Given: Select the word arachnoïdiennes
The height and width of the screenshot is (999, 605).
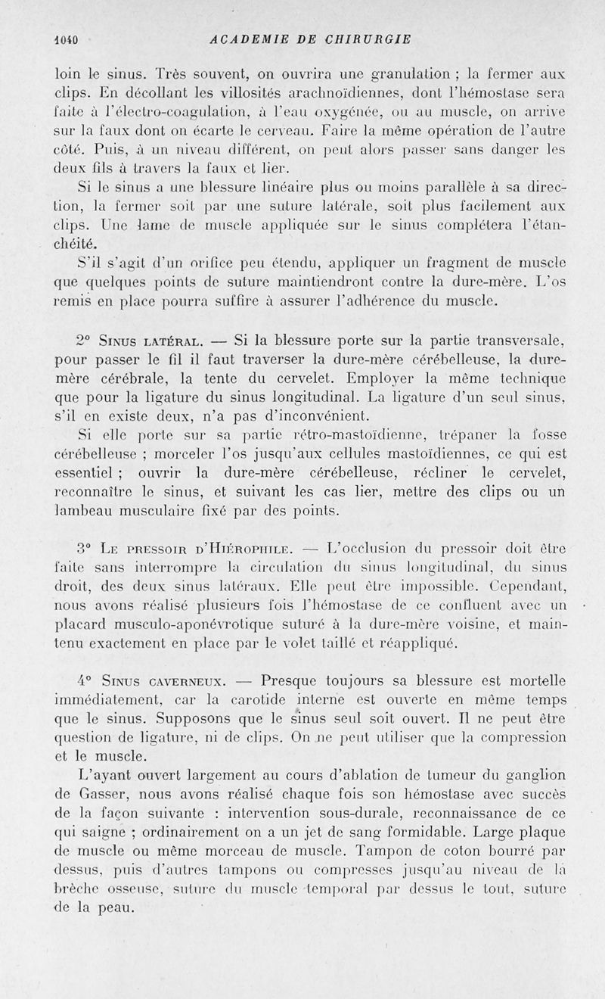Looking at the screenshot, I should coord(329,94).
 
